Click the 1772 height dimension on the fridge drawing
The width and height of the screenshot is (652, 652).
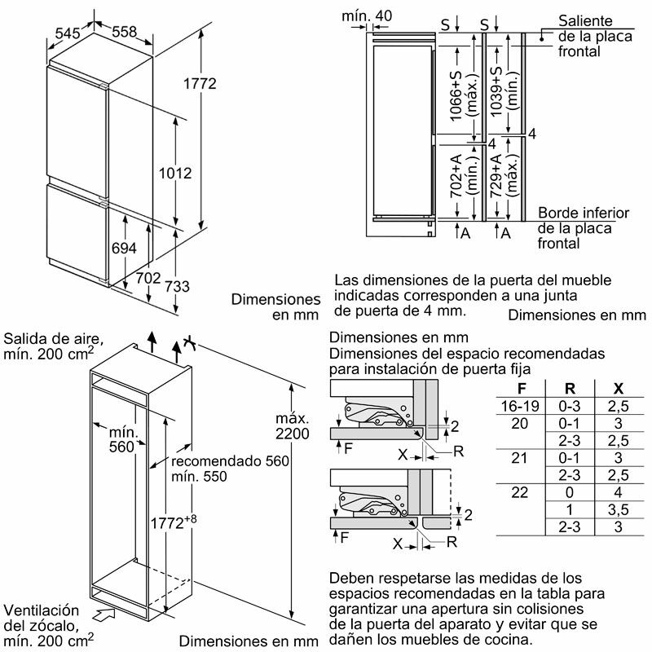point(200,84)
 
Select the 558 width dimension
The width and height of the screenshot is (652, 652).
point(124,31)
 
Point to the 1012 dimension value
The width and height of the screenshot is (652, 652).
point(175,173)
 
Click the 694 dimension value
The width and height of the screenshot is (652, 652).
point(123,249)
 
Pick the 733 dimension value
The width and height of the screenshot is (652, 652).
point(177,286)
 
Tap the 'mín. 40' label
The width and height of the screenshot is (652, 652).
point(367,15)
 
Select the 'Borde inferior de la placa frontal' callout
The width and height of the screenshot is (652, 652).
point(583,228)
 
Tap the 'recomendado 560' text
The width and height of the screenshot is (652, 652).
point(231,461)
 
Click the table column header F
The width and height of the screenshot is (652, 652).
point(522,389)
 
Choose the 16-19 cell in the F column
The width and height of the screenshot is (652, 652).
point(522,406)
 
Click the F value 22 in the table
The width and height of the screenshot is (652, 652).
point(520,493)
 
